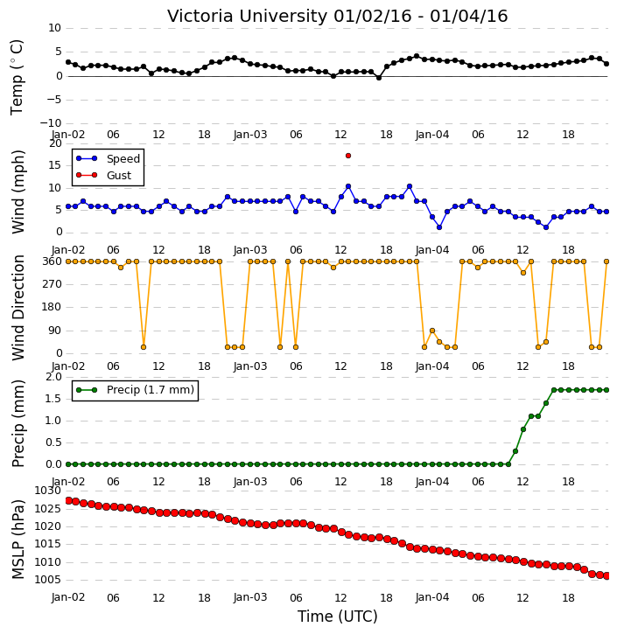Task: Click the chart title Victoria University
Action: [x=247, y=16]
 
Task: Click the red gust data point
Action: [x=348, y=156]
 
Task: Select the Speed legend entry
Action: [x=108, y=159]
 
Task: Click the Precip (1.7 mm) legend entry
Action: [x=135, y=390]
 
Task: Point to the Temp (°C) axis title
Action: [x=17, y=77]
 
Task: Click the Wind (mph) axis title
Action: [x=18, y=192]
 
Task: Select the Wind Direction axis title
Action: [x=18, y=308]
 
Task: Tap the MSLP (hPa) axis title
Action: [x=18, y=540]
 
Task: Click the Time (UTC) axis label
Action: [x=338, y=617]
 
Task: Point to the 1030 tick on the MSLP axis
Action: [x=47, y=491]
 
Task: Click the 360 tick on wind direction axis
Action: [x=53, y=261]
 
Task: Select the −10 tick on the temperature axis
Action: [x=51, y=123]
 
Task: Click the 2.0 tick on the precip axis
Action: [x=53, y=377]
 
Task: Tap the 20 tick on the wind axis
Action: [x=55, y=143]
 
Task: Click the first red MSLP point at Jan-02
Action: [x=68, y=500]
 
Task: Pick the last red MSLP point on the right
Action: [x=606, y=575]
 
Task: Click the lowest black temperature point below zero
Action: [x=379, y=78]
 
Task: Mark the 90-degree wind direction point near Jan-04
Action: [x=432, y=331]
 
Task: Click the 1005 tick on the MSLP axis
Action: [x=47, y=580]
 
